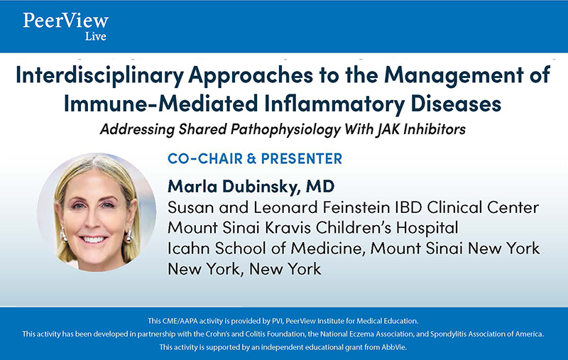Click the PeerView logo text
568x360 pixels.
coord(65,21)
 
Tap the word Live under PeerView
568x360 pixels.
coord(96,36)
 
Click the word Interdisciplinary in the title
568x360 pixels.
coord(99,76)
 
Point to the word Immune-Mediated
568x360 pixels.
coord(161,103)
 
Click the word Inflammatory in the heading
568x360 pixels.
coord(334,104)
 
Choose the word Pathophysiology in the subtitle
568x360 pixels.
coord(286,130)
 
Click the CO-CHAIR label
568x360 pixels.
coord(205,158)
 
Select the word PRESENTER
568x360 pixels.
coord(301,158)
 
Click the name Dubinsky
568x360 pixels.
coord(261,187)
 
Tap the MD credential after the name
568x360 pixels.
coord(320,186)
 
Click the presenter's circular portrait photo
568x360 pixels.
coord(97,212)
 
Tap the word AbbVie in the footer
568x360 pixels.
coord(394,347)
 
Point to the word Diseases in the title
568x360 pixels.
coord(456,103)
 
